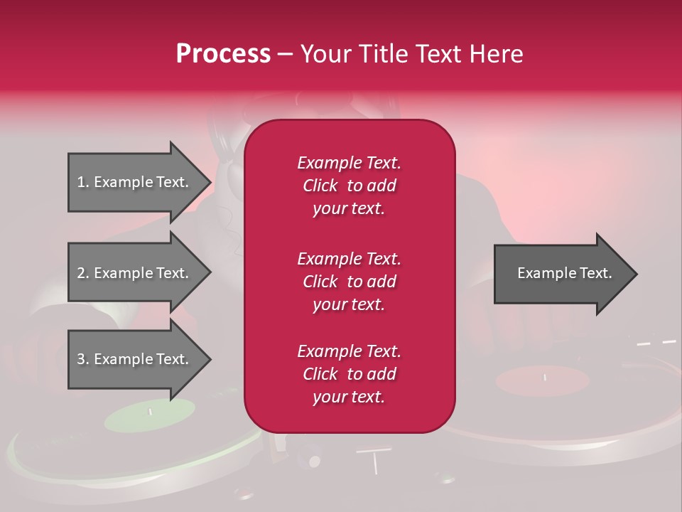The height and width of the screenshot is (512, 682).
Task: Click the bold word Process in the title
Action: [223, 53]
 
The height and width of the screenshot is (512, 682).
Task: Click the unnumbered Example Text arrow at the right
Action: [564, 273]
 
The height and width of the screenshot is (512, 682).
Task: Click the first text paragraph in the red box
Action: [349, 185]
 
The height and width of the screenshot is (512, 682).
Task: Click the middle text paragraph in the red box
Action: [349, 281]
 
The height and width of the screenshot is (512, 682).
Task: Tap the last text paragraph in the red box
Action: [349, 374]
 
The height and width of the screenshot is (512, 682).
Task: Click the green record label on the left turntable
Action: [150, 415]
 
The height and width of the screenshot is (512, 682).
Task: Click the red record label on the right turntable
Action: [543, 380]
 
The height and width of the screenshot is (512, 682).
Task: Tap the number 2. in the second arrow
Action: [83, 273]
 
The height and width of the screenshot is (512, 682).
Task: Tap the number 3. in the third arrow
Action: [83, 359]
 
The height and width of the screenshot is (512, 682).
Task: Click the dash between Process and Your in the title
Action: [285, 55]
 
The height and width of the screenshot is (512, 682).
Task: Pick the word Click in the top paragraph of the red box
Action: [320, 186]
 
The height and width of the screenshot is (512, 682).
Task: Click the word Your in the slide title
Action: [323, 53]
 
